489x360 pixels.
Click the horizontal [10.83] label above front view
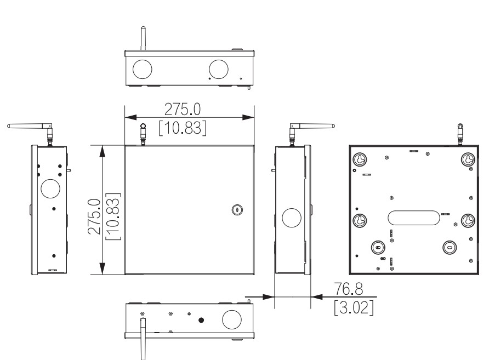click(183, 128)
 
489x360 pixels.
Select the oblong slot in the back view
click(413, 217)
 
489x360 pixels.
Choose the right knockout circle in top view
click(218, 68)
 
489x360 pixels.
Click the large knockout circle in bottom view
click(231, 318)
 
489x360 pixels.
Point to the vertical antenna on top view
click(143, 38)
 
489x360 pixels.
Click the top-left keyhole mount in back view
click(360, 158)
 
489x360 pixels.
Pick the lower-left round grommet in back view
click(378, 247)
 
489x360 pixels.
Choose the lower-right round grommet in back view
click(449, 247)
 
